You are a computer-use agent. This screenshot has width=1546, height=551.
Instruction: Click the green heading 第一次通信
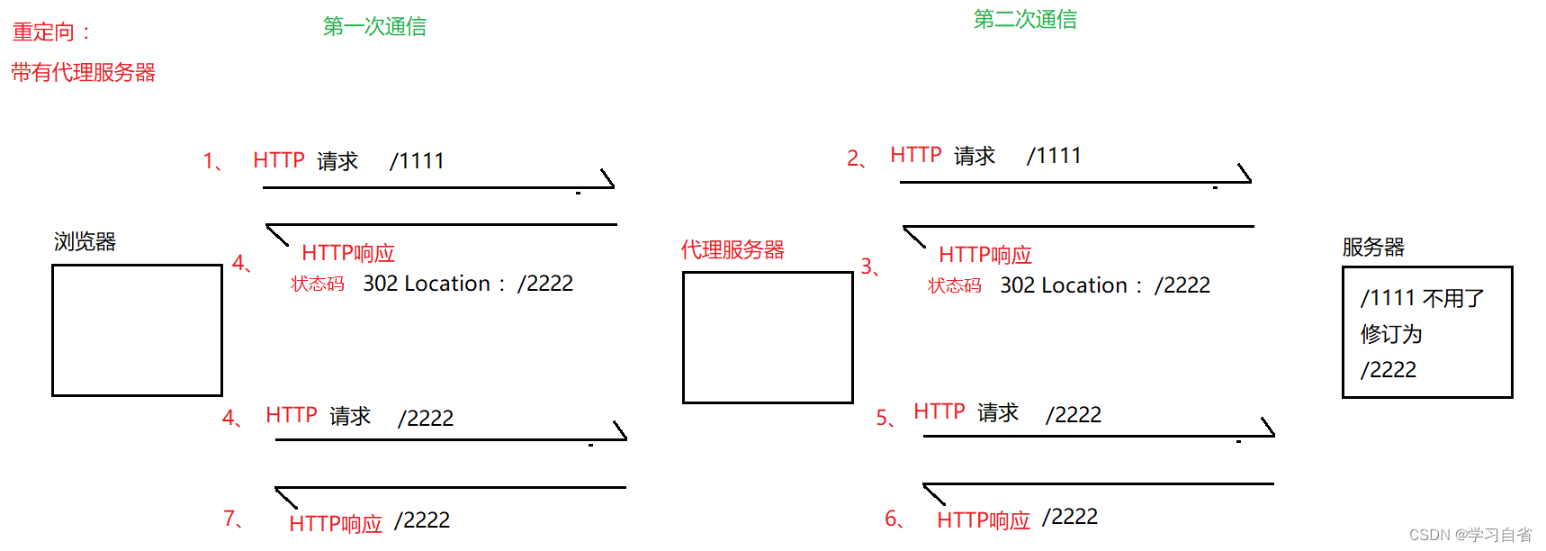click(x=374, y=26)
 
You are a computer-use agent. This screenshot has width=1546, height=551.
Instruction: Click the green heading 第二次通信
click(x=1025, y=19)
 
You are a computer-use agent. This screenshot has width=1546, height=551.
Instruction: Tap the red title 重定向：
click(x=52, y=32)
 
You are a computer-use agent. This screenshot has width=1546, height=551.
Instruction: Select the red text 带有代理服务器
click(x=83, y=72)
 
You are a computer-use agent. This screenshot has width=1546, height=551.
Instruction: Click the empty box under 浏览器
click(x=137, y=330)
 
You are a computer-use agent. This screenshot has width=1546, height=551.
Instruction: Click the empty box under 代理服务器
click(x=768, y=338)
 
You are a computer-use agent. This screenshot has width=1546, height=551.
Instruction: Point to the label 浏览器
click(x=85, y=241)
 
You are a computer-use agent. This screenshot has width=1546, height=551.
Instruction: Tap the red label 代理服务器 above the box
click(x=733, y=249)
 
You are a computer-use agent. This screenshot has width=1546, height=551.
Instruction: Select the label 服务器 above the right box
click(x=1373, y=247)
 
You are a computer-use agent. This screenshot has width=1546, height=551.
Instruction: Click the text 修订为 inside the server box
click(x=1391, y=334)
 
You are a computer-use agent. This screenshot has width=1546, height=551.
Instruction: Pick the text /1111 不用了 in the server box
click(x=1422, y=298)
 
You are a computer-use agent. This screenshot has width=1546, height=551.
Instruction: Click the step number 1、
click(x=213, y=161)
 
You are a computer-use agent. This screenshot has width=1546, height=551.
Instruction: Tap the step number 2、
click(x=857, y=159)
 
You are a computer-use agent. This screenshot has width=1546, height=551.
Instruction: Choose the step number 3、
click(x=870, y=266)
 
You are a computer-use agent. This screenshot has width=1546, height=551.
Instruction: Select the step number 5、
click(x=885, y=418)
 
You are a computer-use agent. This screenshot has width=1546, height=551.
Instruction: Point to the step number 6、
click(x=894, y=519)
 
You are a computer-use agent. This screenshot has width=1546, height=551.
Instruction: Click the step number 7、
click(x=233, y=519)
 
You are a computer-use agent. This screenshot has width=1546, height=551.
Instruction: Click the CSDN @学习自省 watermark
click(x=1470, y=535)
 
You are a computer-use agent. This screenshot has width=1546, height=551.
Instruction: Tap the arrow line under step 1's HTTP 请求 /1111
click(x=432, y=187)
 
